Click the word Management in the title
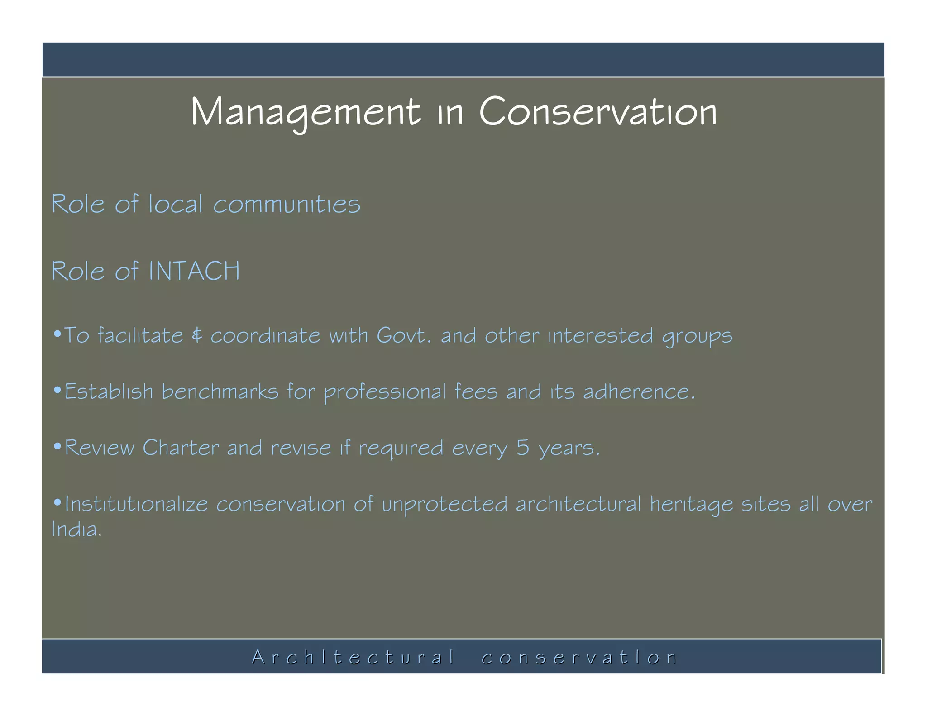point(306,112)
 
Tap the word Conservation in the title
point(598,112)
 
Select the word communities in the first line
point(287,205)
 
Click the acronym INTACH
point(194,271)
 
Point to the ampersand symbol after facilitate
point(197,336)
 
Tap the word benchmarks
point(220,392)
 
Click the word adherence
point(638,392)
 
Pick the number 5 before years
point(523,448)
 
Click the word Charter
point(181,448)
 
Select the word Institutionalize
point(136,504)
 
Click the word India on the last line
point(75,530)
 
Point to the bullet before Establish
point(57,390)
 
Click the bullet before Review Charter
point(57,446)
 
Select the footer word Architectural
point(353,657)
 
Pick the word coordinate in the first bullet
point(265,336)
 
